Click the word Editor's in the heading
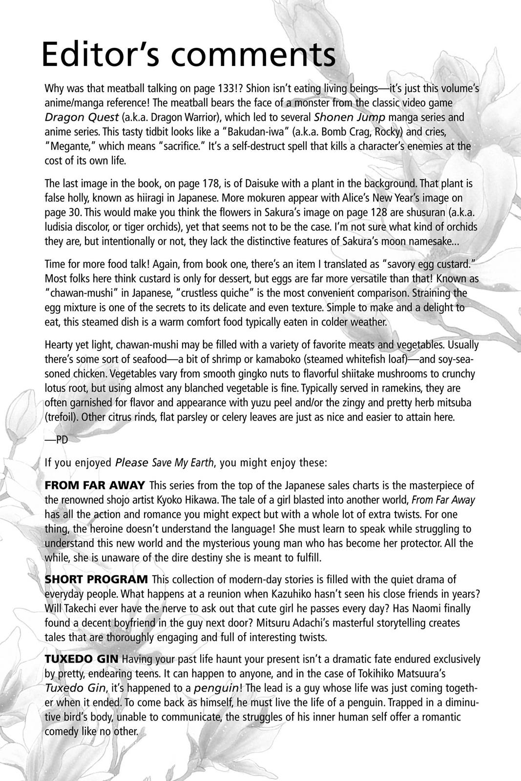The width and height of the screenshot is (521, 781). (105, 54)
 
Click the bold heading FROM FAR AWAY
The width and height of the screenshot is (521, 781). (95, 485)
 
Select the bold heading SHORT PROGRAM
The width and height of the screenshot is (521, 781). (96, 579)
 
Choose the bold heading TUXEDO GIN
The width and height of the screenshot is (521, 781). (82, 659)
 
